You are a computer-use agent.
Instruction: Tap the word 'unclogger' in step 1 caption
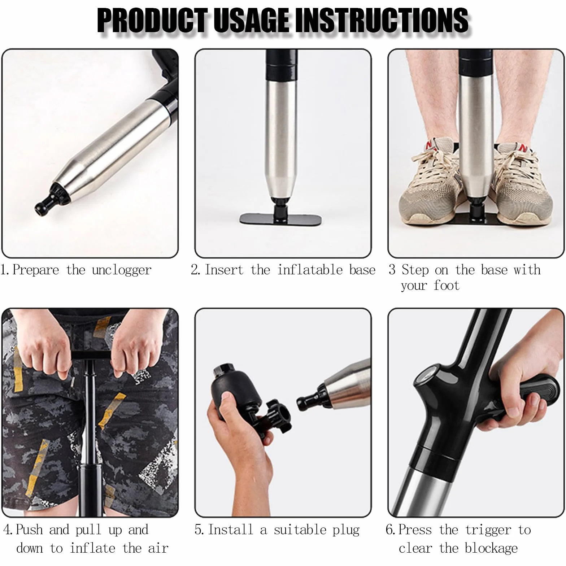pyautogui.click(x=122, y=270)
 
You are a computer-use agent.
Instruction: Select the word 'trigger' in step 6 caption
pyautogui.click(x=488, y=530)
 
